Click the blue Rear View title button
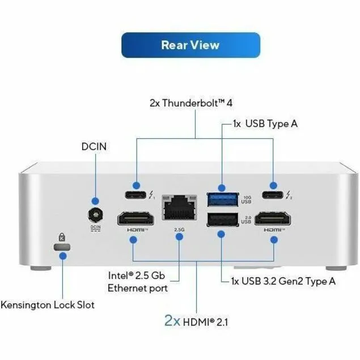(x=190, y=45)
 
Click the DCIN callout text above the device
(x=94, y=146)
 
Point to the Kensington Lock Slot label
(x=48, y=305)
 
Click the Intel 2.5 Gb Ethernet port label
(x=137, y=281)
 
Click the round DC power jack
(x=95, y=216)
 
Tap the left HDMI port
(x=133, y=219)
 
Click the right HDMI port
(x=273, y=219)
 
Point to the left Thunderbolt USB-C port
(x=136, y=185)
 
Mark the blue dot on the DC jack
(x=95, y=201)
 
